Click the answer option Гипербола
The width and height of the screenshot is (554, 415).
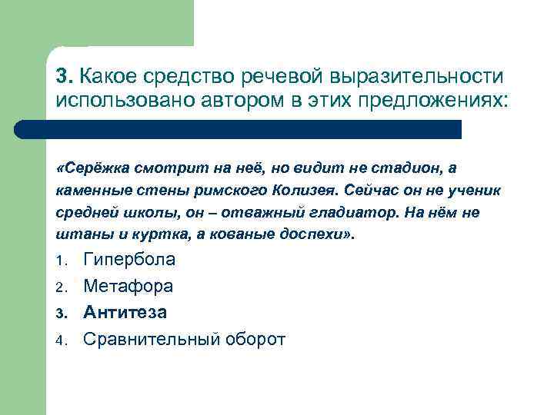pyautogui.click(x=128, y=260)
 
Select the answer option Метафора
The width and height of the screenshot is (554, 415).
pyautogui.click(x=128, y=286)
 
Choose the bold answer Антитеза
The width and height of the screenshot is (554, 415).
pyautogui.click(x=125, y=312)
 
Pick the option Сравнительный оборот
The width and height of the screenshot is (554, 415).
pyautogui.click(x=183, y=338)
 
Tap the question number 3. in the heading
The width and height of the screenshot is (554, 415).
pyautogui.click(x=65, y=78)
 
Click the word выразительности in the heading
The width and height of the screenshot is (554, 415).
pyautogui.click(x=416, y=78)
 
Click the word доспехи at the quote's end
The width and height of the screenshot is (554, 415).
pyautogui.click(x=315, y=234)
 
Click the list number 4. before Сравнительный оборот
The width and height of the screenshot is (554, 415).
pyautogui.click(x=61, y=340)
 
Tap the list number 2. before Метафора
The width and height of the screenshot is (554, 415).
pyautogui.click(x=61, y=287)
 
